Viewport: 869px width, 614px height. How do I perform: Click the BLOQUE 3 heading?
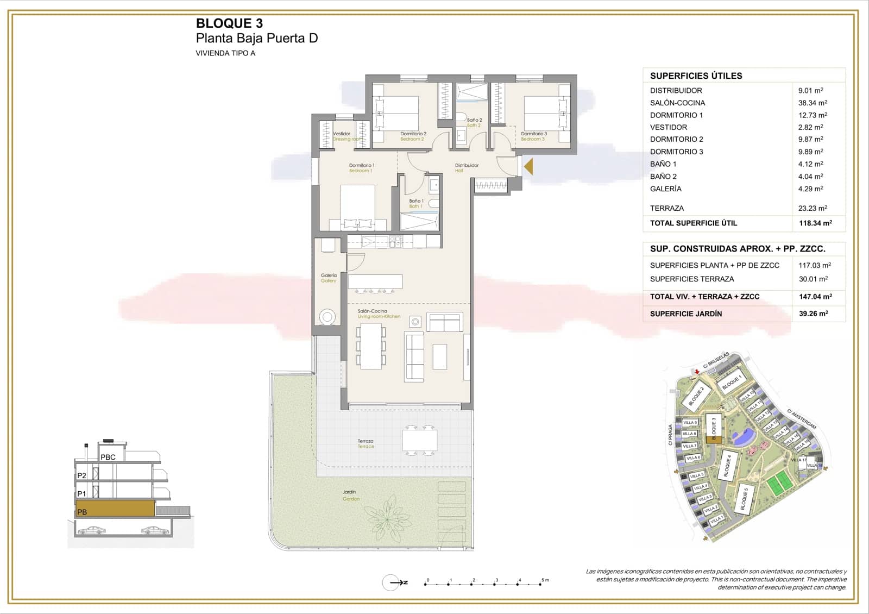pyautogui.click(x=229, y=23)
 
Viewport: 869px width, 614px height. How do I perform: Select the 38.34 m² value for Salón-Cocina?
pyautogui.click(x=812, y=103)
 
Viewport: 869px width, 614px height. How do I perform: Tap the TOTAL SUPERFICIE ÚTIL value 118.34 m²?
pyautogui.click(x=815, y=223)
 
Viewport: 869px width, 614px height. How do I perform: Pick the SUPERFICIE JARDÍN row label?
pyautogui.click(x=685, y=314)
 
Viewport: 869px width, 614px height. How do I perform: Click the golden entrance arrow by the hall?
pyautogui.click(x=528, y=166)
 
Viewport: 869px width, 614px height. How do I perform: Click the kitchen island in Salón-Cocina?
pyautogui.click(x=375, y=281)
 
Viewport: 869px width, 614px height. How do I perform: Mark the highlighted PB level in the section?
pyautogui.click(x=115, y=509)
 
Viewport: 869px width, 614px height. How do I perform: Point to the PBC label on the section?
pyautogui.click(x=108, y=457)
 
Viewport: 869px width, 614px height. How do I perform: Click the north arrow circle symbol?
pyautogui.click(x=391, y=582)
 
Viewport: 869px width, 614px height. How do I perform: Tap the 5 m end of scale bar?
pyautogui.click(x=543, y=583)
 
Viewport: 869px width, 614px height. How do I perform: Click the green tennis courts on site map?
pyautogui.click(x=778, y=481)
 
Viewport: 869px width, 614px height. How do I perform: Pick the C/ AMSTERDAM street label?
pyautogui.click(x=802, y=418)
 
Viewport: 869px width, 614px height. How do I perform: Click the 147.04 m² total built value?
pyautogui.click(x=815, y=297)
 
